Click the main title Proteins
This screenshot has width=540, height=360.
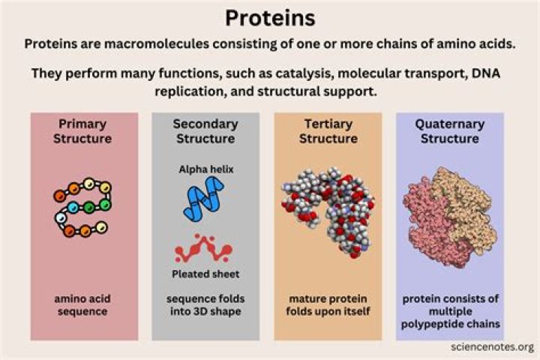point(269,18)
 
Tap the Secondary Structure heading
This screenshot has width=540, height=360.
point(205,130)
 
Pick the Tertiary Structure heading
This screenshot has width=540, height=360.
point(328,130)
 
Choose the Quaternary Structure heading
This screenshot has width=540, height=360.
point(449,130)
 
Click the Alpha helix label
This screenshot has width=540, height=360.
point(205,169)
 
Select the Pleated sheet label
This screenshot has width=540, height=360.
point(205,273)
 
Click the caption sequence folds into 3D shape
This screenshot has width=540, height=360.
point(205,304)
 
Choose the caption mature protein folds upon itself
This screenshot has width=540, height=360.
point(328,304)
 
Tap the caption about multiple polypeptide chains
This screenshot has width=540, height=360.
point(449,311)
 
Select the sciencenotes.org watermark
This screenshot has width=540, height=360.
point(493,347)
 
